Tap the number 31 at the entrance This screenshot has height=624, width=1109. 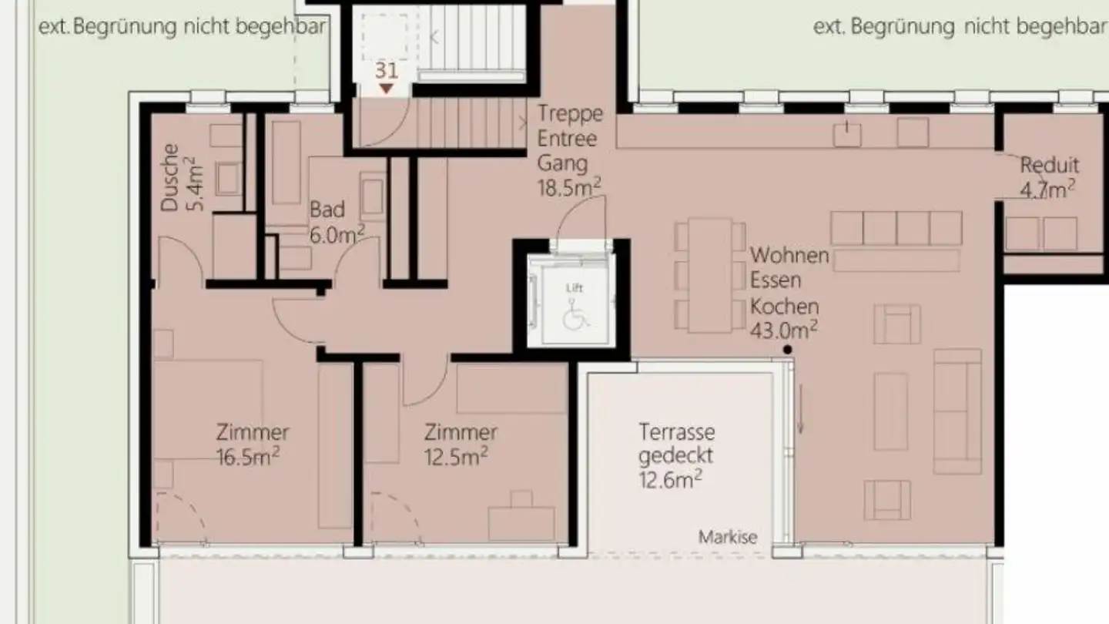click(x=387, y=70)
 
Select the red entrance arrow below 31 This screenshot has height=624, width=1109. click(x=387, y=89)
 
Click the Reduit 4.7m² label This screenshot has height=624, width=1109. click(x=1048, y=176)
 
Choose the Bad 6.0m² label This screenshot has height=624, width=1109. click(x=337, y=222)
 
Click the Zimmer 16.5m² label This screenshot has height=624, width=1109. click(x=252, y=444)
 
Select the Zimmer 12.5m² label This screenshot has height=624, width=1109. click(x=460, y=444)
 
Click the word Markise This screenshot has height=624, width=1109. click(x=728, y=537)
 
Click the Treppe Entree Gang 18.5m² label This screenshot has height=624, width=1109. click(x=570, y=150)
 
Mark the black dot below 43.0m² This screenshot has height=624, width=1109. click(x=787, y=351)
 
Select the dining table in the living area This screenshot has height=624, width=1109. click(x=710, y=275)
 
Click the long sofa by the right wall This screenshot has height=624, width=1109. click(x=957, y=411)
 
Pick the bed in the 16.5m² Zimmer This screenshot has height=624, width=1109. click(x=208, y=408)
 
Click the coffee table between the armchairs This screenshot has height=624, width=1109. click(x=891, y=411)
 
